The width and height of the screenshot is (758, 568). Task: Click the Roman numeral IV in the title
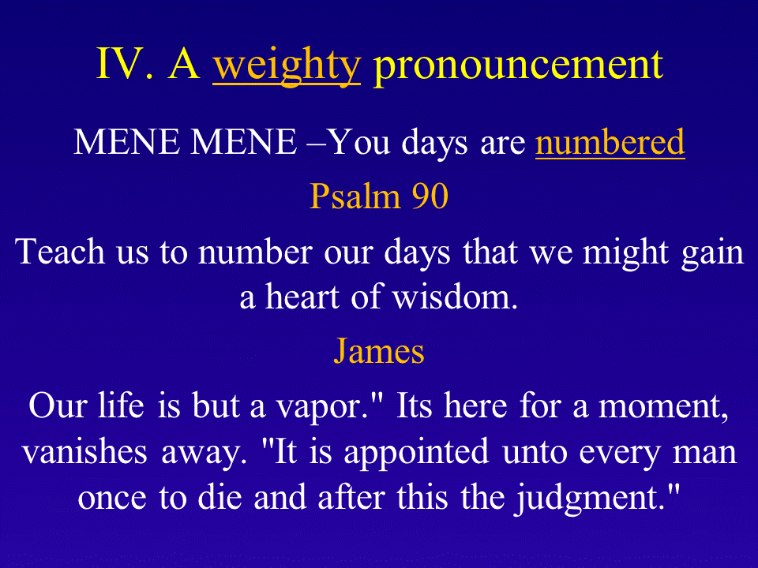point(125,64)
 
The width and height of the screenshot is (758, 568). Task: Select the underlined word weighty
point(287,66)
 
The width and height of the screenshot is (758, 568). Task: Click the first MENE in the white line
point(126,142)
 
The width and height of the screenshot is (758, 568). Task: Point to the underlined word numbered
point(610,142)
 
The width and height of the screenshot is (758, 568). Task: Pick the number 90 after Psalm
point(430,196)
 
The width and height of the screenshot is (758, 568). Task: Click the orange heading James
point(379,350)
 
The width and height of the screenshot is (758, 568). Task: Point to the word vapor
point(323,407)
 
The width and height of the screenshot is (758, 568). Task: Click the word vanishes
point(84,451)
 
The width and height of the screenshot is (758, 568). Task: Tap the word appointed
point(416,453)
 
